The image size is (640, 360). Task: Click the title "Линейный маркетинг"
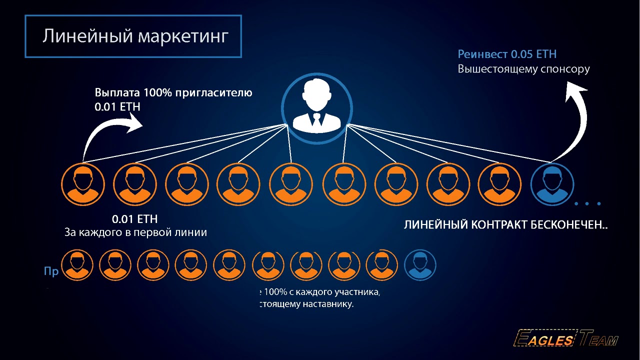pyautogui.click(x=135, y=36)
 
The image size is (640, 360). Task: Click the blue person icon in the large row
pyautogui.click(x=551, y=184)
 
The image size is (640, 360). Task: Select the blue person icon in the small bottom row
pyautogui.click(x=420, y=265)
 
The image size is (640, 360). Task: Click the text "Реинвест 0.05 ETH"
pyautogui.click(x=507, y=54)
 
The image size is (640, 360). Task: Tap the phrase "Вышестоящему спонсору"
pyautogui.click(x=523, y=69)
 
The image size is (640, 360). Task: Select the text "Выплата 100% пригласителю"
pyautogui.click(x=173, y=93)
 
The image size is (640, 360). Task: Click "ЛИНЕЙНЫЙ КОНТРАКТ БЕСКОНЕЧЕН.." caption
pyautogui.click(x=505, y=225)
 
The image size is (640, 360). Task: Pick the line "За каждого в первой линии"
pyautogui.click(x=135, y=232)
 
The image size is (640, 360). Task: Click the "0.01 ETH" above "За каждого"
pyautogui.click(x=134, y=219)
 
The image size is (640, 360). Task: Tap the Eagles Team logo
pyautogui.click(x=565, y=340)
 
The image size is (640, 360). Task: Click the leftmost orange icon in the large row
pyautogui.click(x=83, y=184)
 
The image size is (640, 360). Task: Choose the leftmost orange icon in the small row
pyautogui.click(x=77, y=265)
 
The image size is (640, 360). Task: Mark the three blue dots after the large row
pyautogui.click(x=588, y=203)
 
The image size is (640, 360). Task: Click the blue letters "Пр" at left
pyautogui.click(x=51, y=271)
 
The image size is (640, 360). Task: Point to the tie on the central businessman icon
pyautogui.click(x=316, y=120)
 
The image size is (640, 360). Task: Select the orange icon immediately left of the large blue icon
pyautogui.click(x=499, y=184)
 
